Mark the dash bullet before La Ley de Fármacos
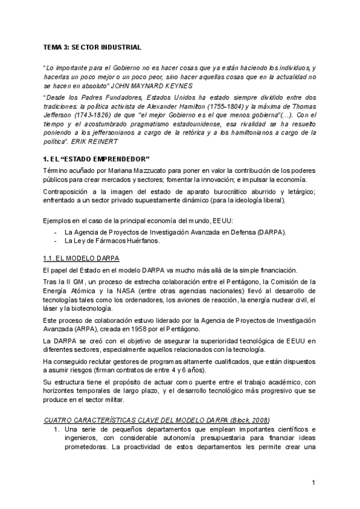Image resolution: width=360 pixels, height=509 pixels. (56, 240)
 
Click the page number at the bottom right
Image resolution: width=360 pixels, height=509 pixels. (314, 483)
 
